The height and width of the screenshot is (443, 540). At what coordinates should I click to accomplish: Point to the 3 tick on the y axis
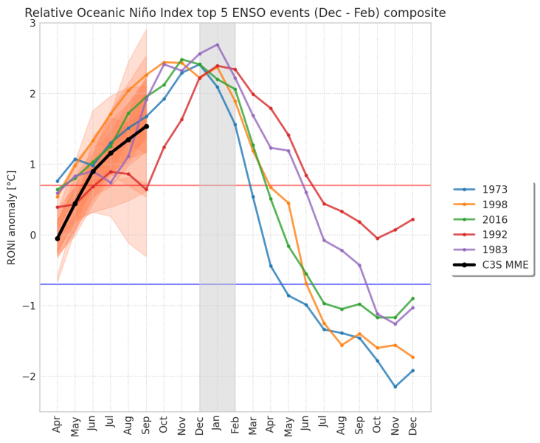click(x=32, y=24)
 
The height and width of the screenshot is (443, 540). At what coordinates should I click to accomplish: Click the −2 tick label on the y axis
click(x=30, y=377)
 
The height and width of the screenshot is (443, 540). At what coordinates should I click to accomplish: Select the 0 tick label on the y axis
click(x=32, y=236)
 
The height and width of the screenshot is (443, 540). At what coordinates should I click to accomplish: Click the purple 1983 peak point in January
click(x=217, y=44)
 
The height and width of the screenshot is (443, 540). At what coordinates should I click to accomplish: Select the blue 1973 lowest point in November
click(x=395, y=387)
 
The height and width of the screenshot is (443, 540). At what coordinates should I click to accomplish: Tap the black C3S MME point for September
click(x=146, y=126)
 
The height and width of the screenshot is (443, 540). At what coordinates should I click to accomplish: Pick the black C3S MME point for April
click(x=58, y=238)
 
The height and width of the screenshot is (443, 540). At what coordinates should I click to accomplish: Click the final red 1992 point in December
click(x=412, y=219)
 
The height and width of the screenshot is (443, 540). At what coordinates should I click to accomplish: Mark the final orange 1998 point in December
click(x=412, y=357)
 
